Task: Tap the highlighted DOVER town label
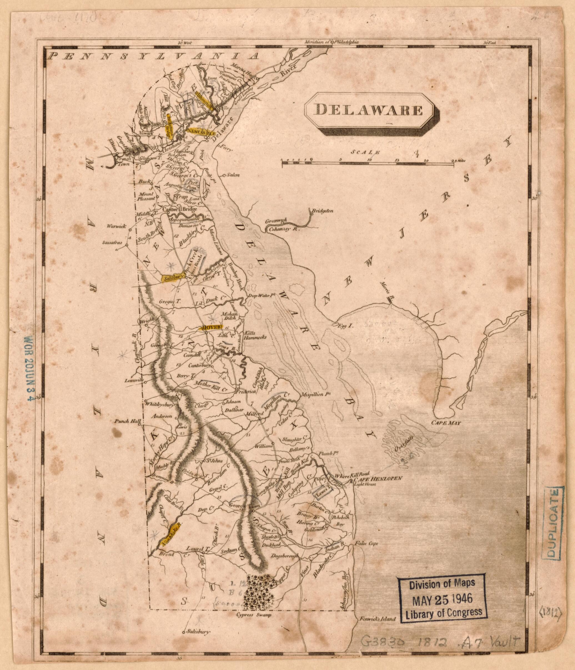click(x=211, y=327)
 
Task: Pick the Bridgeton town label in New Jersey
click(x=322, y=212)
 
